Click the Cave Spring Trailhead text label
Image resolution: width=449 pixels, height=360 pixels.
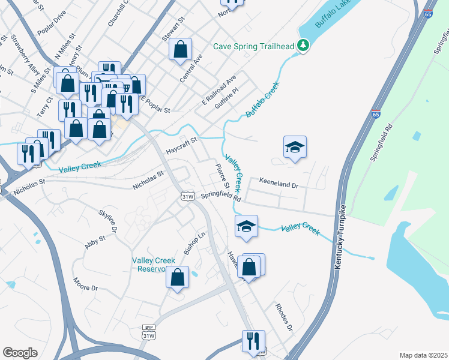click(255, 46)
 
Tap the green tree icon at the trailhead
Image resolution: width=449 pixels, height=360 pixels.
click(304, 45)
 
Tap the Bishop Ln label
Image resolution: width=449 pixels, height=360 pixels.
click(194, 242)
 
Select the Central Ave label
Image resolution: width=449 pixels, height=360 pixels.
click(191, 68)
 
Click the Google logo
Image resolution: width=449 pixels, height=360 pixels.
click(20, 353)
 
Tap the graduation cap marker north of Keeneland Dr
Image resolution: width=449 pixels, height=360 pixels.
click(295, 147)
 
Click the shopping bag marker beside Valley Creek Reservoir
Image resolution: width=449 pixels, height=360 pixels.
click(176, 278)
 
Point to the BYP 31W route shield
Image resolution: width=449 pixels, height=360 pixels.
click(148, 332)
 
